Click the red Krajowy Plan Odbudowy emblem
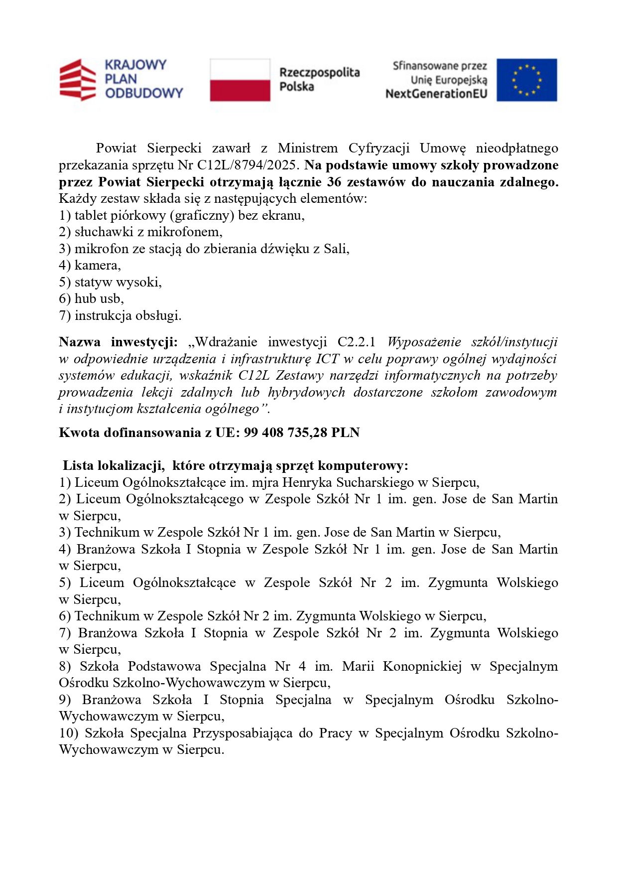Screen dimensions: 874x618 tap(77, 80)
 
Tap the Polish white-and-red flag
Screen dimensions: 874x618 tap(240, 80)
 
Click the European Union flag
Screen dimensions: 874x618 tap(526, 80)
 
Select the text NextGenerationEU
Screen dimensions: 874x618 tap(436, 94)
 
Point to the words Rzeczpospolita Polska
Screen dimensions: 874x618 tap(319, 79)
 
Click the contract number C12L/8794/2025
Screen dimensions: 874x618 tap(249, 165)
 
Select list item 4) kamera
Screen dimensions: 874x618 tap(90, 265)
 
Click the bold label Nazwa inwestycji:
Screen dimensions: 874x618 tap(118, 342)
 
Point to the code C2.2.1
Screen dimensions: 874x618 tap(356, 342)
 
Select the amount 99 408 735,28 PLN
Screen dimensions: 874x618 tap(302, 433)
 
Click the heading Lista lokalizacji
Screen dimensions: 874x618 tap(114, 466)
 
